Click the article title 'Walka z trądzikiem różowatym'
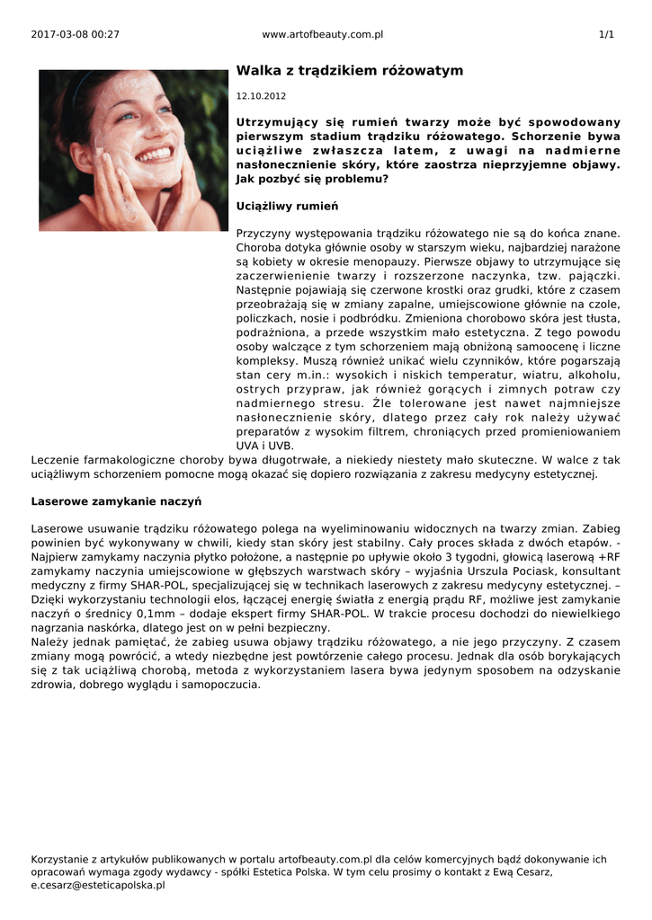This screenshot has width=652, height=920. tap(350, 70)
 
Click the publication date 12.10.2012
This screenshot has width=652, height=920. tap(261, 95)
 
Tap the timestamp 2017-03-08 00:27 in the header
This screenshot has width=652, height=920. tap(75, 34)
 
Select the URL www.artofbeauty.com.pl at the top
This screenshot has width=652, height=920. tap(323, 34)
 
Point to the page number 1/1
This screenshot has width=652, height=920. tap(606, 34)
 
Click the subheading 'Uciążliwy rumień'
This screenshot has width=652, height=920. tap(287, 207)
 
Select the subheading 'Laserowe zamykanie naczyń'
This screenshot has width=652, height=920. tap(116, 500)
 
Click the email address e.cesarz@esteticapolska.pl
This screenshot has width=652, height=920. tap(98, 885)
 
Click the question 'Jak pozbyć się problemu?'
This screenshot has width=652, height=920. tap(312, 179)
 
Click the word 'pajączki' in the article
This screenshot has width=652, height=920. tap(595, 276)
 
